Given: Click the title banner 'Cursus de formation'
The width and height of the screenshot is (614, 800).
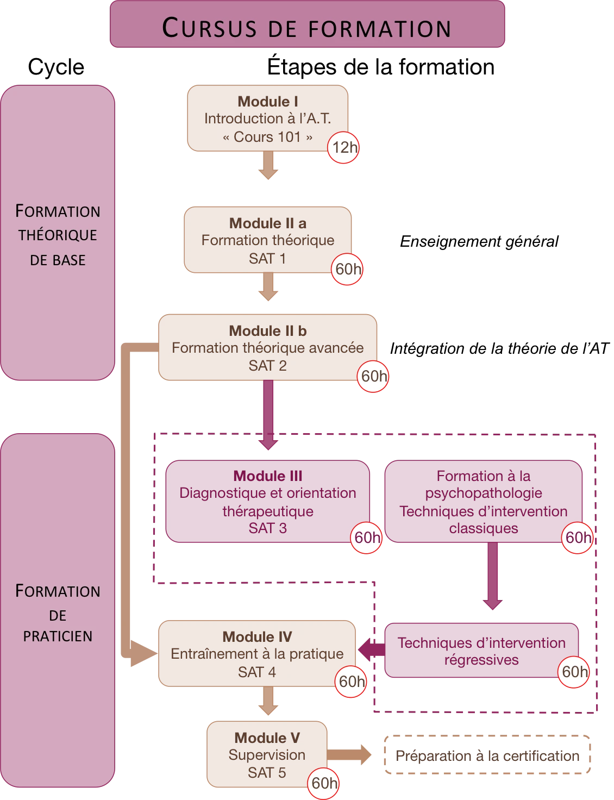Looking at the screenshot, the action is (307, 24).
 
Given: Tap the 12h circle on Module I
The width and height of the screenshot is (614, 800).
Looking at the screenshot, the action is (343, 147).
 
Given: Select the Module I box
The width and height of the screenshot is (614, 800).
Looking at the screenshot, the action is (268, 118).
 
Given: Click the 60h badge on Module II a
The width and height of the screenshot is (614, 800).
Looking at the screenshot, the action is (347, 269).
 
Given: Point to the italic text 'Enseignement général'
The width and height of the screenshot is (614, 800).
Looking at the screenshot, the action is (479, 241).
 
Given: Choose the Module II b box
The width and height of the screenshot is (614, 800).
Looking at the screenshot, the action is (268, 347).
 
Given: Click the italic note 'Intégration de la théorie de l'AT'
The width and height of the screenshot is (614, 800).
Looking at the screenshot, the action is (499, 348).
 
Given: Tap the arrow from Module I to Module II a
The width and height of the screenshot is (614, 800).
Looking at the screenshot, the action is (268, 165).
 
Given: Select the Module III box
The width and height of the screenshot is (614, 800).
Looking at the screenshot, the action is (268, 501).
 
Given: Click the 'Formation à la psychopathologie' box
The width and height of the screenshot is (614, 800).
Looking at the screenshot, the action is (484, 501).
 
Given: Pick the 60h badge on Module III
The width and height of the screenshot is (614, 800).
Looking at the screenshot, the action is (366, 537).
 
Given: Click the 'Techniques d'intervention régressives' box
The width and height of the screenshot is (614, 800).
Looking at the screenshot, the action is (481, 650).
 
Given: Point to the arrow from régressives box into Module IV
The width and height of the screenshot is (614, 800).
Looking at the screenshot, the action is (372, 650).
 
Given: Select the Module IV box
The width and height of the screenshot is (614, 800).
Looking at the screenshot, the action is (257, 653).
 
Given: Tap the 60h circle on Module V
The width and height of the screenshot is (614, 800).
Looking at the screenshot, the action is (323, 784).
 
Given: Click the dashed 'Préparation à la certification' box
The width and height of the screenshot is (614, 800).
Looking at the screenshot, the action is (487, 755).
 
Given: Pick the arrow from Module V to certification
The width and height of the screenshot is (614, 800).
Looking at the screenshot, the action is (349, 755).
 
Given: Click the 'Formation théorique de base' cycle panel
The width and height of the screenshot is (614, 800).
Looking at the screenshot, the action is (58, 233).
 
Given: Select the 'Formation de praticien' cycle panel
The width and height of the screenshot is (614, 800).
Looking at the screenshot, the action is (58, 610).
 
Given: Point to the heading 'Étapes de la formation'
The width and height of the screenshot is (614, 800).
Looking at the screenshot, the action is (380, 67).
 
